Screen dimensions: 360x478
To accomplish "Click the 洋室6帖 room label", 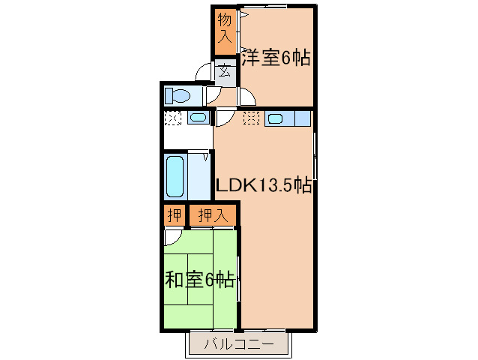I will click(x=276, y=58).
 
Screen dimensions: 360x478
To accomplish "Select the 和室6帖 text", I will click(x=199, y=280).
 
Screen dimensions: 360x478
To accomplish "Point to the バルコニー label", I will click(x=237, y=346).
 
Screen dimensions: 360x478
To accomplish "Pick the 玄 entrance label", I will click(x=226, y=72).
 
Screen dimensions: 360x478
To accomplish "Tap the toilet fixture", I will click(x=178, y=96).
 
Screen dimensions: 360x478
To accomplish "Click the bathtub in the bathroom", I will click(x=175, y=175).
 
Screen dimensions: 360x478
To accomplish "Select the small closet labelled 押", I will click(x=174, y=216).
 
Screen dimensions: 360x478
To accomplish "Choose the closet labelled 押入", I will click(x=212, y=216).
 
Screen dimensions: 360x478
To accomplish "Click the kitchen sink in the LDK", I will click(x=275, y=118).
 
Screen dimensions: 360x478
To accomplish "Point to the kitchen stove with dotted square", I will click(x=251, y=118).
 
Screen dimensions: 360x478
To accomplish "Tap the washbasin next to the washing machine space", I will click(x=198, y=118).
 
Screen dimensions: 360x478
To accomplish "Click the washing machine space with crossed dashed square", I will click(x=173, y=118).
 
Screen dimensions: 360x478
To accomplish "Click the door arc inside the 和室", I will click(x=172, y=236).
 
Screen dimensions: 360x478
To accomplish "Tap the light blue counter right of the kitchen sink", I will click(x=303, y=118).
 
